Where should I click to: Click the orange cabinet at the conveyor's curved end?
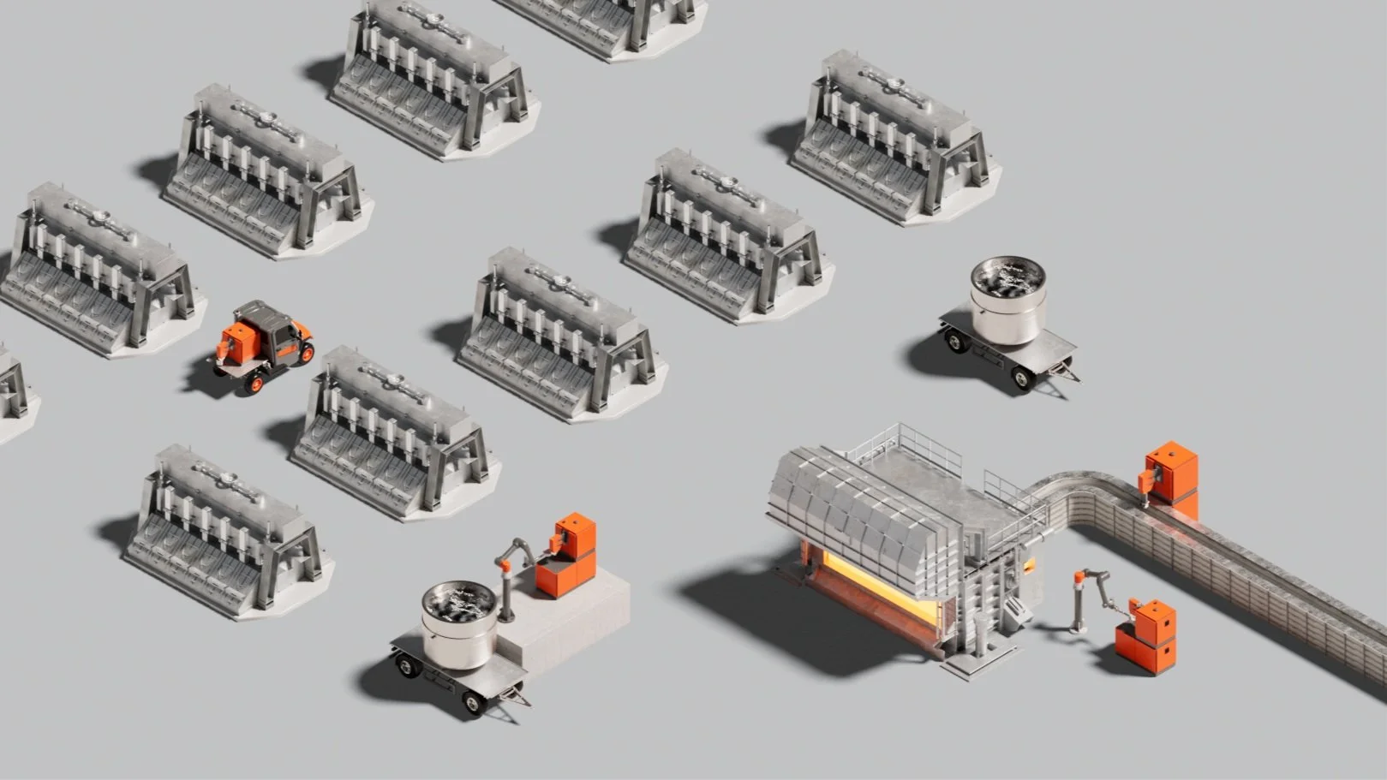click(x=1173, y=473)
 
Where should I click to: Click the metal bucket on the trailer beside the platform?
click(x=459, y=625)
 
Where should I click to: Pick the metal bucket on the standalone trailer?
click(x=1007, y=299)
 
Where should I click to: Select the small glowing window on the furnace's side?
click(x=1028, y=565)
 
